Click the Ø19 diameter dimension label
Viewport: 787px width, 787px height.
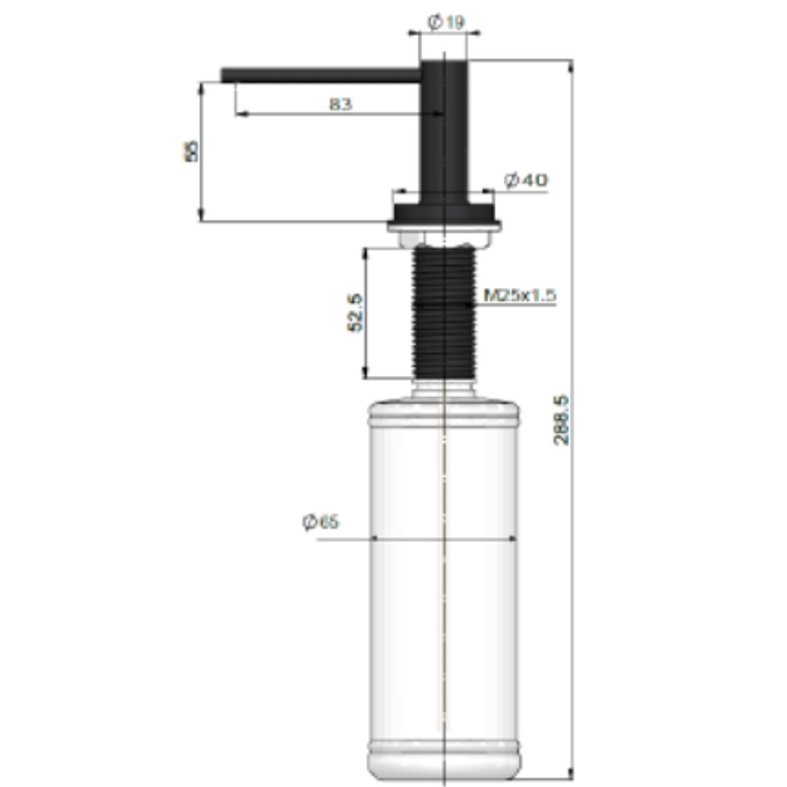(x=445, y=23)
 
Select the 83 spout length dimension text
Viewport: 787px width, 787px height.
(x=340, y=104)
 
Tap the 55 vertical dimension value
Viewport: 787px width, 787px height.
(x=192, y=152)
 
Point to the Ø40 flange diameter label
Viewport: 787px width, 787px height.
(x=526, y=180)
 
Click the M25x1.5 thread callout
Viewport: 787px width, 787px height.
(x=520, y=295)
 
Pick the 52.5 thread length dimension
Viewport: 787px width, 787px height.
(x=355, y=313)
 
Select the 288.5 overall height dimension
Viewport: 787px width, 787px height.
(x=562, y=420)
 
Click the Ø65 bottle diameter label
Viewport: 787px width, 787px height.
(x=321, y=522)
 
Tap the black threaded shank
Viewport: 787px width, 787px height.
(x=444, y=313)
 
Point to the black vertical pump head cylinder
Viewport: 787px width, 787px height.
(x=444, y=131)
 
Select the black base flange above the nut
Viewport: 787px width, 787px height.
(x=445, y=214)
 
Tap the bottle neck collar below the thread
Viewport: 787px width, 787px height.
(x=444, y=390)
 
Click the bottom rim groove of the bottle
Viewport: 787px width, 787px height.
(x=444, y=745)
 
